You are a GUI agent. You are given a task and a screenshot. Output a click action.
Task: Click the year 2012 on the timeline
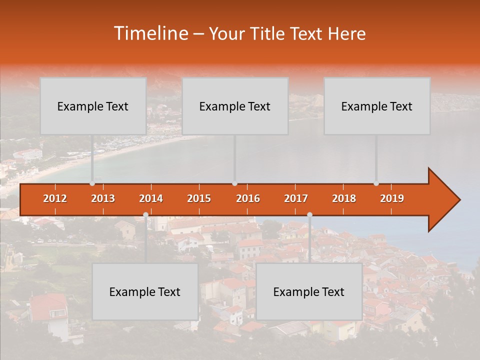click(x=55, y=198)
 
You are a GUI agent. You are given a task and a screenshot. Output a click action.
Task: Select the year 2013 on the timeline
click(x=103, y=198)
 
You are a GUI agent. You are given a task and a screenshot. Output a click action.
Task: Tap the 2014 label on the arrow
click(x=151, y=198)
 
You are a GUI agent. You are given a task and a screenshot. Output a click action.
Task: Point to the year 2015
click(x=199, y=198)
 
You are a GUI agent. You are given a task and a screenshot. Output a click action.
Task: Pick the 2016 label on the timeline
click(x=248, y=198)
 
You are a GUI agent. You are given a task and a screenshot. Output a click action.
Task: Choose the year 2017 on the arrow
click(x=296, y=198)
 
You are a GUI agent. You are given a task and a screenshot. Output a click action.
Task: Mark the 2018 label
click(x=344, y=198)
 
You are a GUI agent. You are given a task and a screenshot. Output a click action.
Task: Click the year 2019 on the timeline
click(x=392, y=198)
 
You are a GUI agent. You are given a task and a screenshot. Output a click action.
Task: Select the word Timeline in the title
click(x=150, y=33)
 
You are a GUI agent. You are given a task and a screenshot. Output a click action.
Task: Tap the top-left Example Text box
click(x=93, y=106)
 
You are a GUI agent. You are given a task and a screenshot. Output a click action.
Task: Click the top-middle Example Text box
click(x=235, y=106)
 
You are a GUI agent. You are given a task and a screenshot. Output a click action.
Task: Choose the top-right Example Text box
click(x=377, y=106)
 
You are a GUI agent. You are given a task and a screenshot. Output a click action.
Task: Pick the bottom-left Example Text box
click(x=145, y=291)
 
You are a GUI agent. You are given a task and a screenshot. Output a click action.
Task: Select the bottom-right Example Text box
click(x=309, y=291)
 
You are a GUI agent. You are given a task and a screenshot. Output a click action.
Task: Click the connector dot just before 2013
click(x=92, y=183)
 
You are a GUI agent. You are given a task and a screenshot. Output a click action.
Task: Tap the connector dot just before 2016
click(x=235, y=183)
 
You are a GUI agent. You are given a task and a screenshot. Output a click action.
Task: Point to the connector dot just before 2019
click(x=376, y=183)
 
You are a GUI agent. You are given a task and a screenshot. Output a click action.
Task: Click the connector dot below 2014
click(x=145, y=215)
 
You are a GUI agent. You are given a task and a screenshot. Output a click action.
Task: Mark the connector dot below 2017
click(x=309, y=215)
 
